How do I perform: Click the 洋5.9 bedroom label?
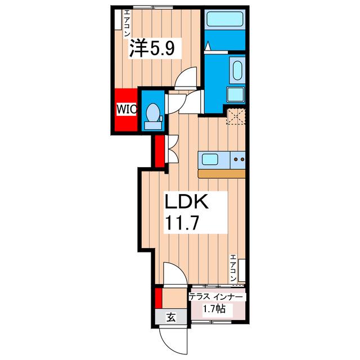[152, 48]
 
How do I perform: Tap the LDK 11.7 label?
[187, 212]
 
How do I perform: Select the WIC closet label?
[127, 109]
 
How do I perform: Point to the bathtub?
[225, 19]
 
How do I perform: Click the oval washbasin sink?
[237, 70]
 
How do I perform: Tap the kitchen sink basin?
[210, 159]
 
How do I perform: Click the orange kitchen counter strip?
[222, 174]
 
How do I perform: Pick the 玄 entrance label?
[171, 317]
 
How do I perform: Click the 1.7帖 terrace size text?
[214, 309]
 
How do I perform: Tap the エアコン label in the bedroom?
[127, 23]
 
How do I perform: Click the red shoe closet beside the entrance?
[158, 298]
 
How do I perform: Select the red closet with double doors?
[160, 151]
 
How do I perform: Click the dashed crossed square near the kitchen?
[236, 116]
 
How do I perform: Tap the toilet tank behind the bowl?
[153, 125]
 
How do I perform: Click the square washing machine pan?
[236, 94]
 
